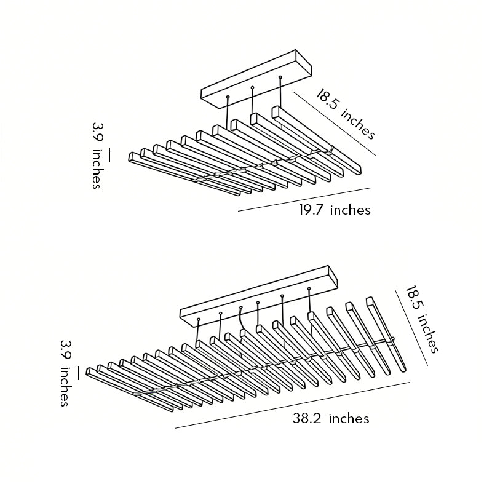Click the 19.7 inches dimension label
pos(335,210)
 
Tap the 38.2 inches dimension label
pos(331,419)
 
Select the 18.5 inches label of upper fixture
pos(346,114)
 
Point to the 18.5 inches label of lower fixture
pos(421,319)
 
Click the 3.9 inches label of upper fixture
pos(98,156)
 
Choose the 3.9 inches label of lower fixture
pos(66,373)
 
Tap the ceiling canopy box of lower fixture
pos(259,296)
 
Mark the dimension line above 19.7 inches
pos(304,199)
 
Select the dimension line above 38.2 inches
pos(293,405)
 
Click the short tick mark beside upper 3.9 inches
pos(110,156)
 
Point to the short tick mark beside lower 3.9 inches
pos(78,373)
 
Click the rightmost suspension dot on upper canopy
pos(280,76)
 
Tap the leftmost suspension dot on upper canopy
pos(228,97)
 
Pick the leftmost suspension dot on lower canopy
pos(199,319)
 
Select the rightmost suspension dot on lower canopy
pos(309,288)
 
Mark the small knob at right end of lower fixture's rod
pos(393,339)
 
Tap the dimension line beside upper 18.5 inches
pos(335,124)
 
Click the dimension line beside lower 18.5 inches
pos(411,327)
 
